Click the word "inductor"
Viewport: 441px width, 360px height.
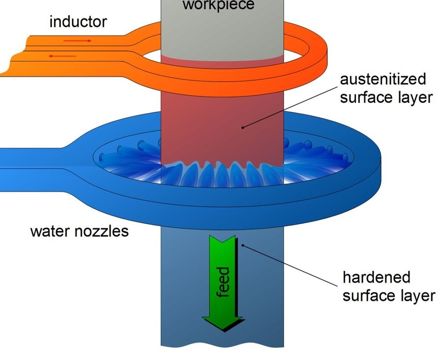point(78,21)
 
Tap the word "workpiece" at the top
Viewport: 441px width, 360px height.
point(218,5)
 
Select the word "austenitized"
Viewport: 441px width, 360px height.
point(383,79)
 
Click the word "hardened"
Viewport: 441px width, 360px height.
point(376,277)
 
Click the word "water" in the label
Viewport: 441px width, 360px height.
point(50,231)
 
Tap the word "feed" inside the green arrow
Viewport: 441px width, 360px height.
point(224,282)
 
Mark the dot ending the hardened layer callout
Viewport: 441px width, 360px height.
point(242,245)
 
